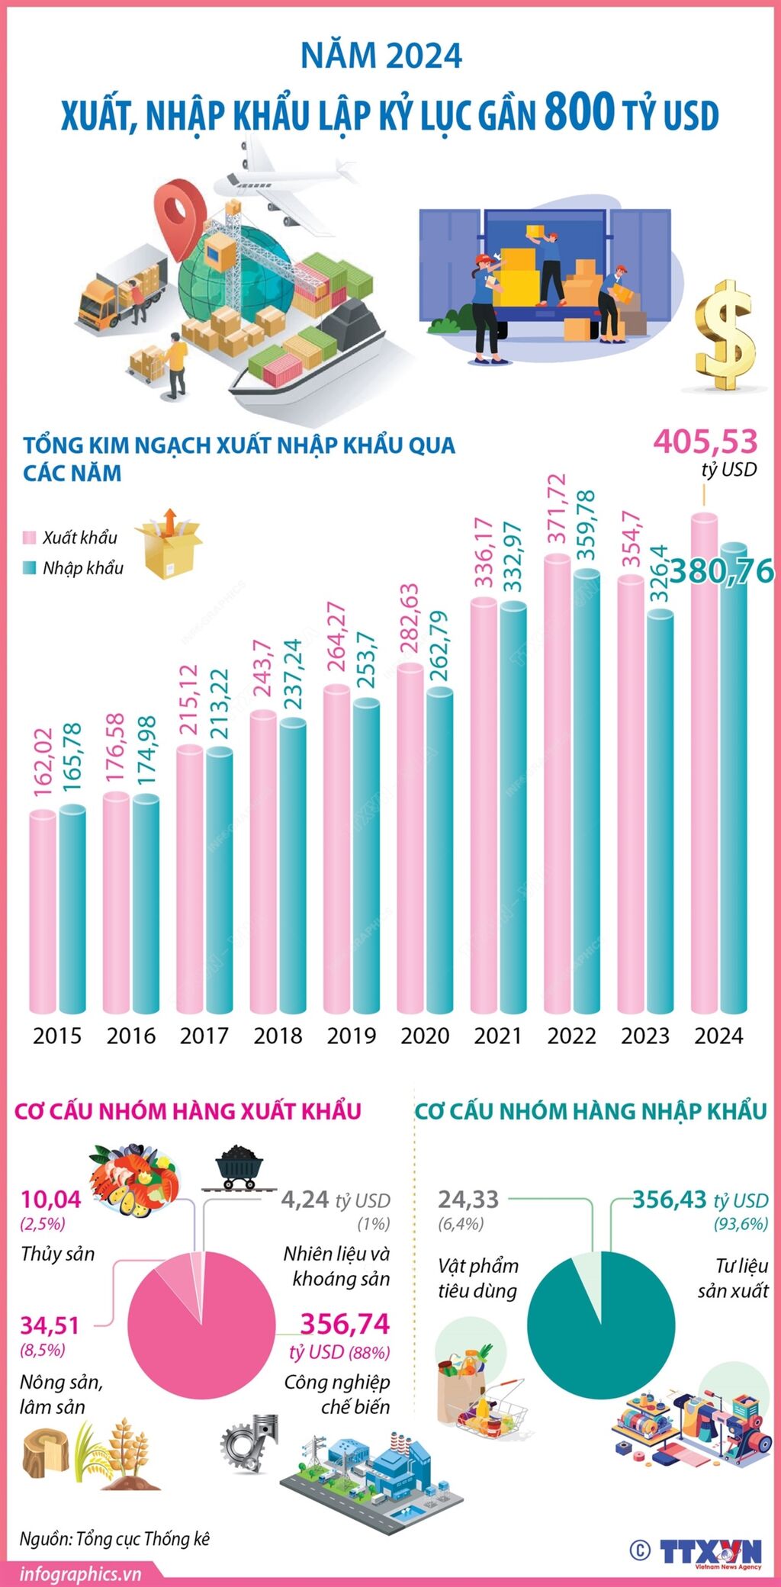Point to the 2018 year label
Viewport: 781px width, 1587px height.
tap(278, 1036)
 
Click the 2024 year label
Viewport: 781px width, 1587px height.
tap(718, 1036)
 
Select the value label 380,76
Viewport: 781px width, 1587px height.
tap(722, 571)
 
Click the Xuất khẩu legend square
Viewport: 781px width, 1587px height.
tap(30, 537)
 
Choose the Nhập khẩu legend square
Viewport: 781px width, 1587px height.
tap(30, 567)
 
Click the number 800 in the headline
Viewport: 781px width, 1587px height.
tap(580, 112)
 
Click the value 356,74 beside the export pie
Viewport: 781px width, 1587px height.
tap(345, 1324)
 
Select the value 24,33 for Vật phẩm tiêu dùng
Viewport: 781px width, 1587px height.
tap(468, 1200)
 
